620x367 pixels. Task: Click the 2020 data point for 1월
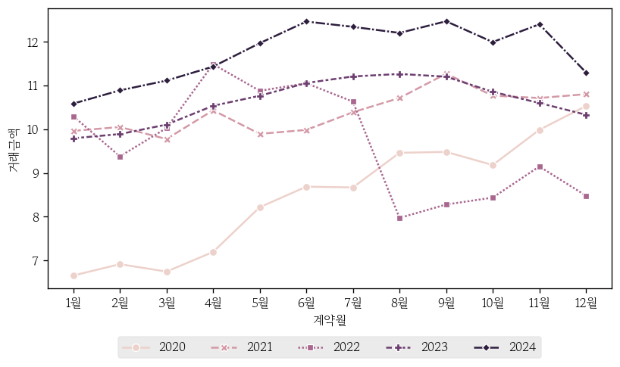click(74, 275)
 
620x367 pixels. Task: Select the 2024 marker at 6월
click(306, 21)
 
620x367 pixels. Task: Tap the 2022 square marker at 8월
click(399, 218)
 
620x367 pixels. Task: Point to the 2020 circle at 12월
click(586, 106)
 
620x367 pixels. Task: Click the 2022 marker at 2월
click(120, 157)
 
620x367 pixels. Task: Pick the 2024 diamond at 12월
click(586, 73)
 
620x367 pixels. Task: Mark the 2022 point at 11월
click(539, 166)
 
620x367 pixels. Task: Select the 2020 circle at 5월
click(260, 207)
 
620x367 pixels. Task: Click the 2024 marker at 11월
click(539, 24)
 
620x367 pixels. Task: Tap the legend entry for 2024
click(523, 347)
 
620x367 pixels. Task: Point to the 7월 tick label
click(353, 303)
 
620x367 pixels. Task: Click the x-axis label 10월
click(493, 303)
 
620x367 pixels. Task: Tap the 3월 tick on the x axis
click(167, 303)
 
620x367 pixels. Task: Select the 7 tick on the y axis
click(36, 261)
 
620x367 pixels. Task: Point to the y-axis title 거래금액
click(13, 151)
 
